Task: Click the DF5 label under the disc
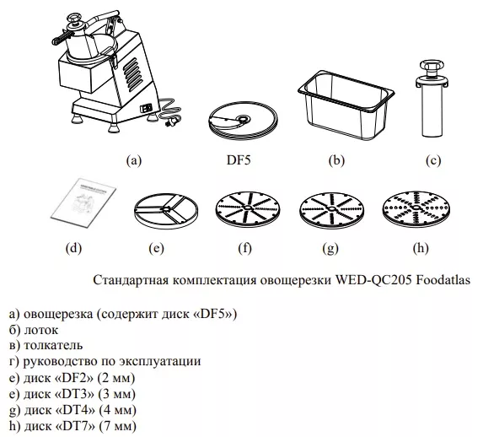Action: [239, 160]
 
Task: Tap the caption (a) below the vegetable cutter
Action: [134, 160]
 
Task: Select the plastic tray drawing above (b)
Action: [346, 105]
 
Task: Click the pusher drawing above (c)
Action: [432, 99]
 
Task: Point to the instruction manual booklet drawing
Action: [83, 202]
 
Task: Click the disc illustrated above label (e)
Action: [166, 212]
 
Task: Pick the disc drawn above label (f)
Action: [247, 210]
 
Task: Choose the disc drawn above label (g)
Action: [331, 210]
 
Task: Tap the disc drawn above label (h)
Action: [416, 209]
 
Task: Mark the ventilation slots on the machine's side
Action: [133, 74]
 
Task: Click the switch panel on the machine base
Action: [146, 107]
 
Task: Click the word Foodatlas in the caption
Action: [443, 280]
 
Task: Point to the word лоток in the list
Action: [41, 330]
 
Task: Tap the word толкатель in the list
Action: [53, 345]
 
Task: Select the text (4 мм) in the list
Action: [118, 410]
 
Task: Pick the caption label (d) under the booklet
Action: [73, 248]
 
